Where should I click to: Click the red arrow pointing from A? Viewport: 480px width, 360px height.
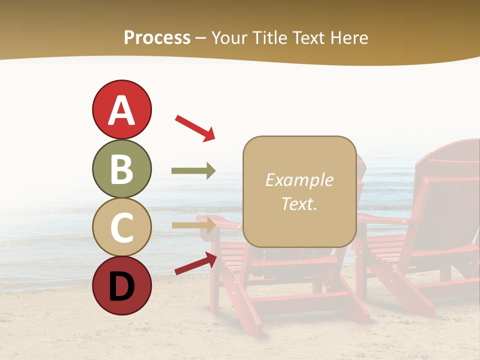pos(195,128)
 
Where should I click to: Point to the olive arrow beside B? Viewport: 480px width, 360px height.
pos(193,171)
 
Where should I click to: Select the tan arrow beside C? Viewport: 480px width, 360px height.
pos(193,225)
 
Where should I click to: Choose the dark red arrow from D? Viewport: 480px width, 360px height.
pos(195,263)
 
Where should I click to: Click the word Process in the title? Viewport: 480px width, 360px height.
pos(157,38)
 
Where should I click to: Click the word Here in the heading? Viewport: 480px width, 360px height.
pos(348,38)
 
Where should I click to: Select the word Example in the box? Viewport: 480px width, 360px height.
pos(299,180)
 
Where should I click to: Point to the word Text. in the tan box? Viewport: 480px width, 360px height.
pos(299,203)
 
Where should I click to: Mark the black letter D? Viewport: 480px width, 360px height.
pos(121,286)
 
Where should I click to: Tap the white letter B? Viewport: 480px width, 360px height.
pos(121,169)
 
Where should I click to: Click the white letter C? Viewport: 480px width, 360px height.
pos(121,227)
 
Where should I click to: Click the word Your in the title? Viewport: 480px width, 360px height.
pos(228,38)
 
